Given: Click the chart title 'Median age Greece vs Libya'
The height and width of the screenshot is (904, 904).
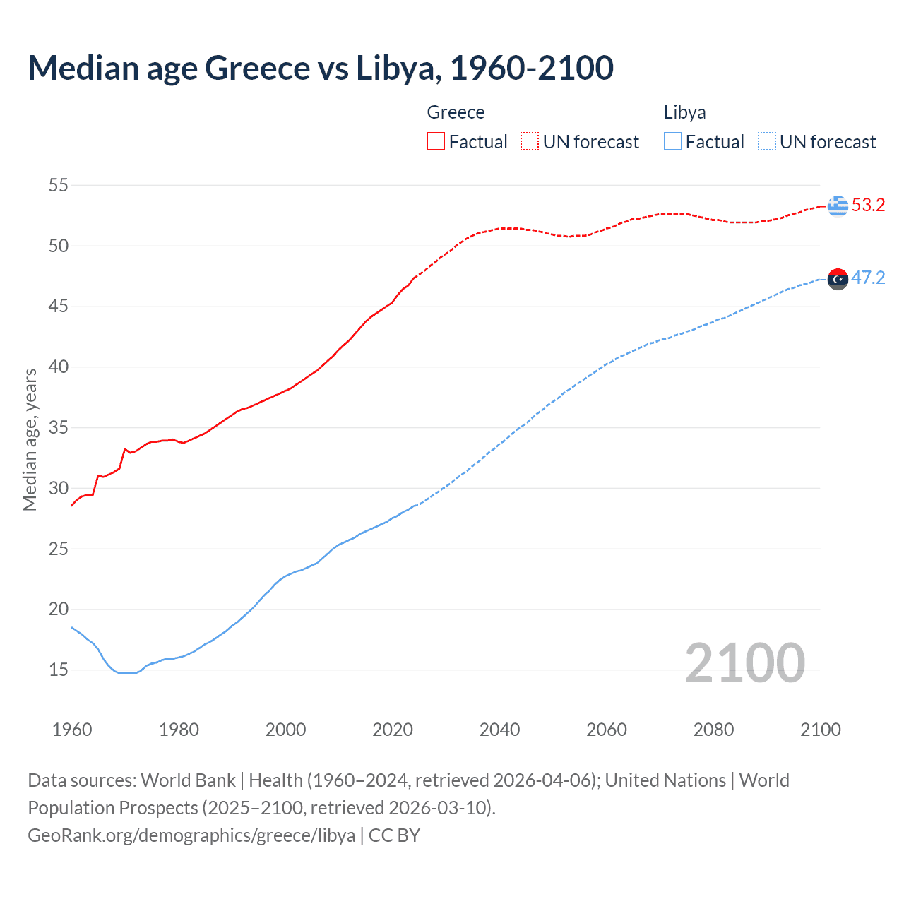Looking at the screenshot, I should (321, 68).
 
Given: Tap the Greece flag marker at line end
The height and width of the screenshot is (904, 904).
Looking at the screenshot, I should (838, 206).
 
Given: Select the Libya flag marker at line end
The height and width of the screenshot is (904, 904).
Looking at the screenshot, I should (838, 280).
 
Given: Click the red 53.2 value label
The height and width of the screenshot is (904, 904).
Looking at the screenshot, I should (868, 206).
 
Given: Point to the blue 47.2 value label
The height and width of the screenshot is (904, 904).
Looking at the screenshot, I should (868, 278).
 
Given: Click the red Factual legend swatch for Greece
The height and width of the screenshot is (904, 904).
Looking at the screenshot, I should (436, 142).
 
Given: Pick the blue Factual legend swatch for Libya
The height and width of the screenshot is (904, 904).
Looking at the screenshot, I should (672, 142).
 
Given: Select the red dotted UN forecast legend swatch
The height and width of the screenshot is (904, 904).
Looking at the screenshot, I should (530, 142).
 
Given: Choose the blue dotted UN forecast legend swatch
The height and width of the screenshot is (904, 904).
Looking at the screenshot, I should (766, 142).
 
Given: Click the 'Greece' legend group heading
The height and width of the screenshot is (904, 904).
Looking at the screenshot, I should (456, 112).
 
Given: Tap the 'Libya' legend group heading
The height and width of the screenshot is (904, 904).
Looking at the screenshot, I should (684, 112).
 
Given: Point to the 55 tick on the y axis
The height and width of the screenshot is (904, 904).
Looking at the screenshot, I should (58, 186).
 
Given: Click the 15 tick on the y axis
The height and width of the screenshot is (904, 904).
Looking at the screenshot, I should (58, 670).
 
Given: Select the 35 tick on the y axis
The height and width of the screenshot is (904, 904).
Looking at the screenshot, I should (58, 427).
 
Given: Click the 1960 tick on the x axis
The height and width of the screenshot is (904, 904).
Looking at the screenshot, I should (72, 730).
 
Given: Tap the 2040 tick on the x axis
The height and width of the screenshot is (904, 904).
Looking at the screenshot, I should (499, 730).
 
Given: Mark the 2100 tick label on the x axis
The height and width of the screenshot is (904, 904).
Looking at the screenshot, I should (820, 730).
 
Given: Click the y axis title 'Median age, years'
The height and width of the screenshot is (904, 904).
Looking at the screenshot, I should (30, 439).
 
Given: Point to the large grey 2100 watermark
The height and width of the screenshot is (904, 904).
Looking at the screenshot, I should (744, 662).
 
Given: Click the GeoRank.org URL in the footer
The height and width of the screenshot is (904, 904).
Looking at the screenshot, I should (191, 835).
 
